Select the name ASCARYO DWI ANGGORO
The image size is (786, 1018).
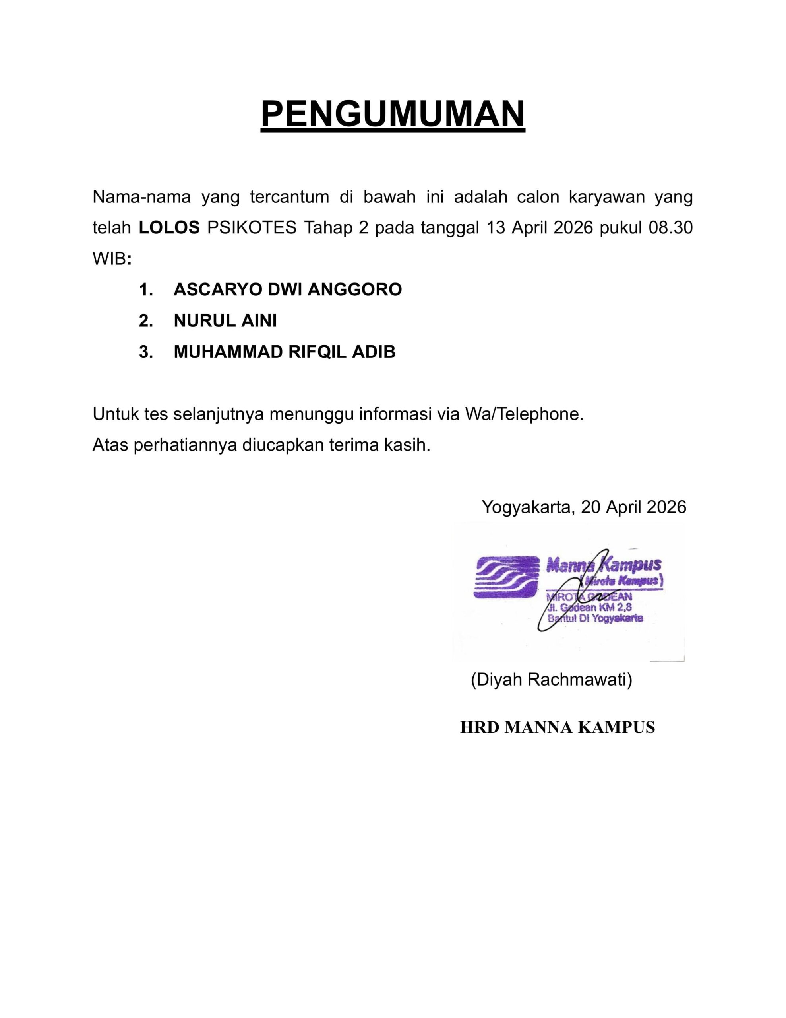(x=287, y=289)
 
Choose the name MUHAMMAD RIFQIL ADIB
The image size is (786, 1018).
(x=284, y=352)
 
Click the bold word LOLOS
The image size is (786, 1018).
(x=169, y=228)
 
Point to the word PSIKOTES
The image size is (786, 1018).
(x=252, y=228)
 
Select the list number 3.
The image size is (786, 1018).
(x=145, y=352)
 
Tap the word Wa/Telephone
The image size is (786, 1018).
(x=524, y=414)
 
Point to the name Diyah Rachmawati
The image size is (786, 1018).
(x=551, y=680)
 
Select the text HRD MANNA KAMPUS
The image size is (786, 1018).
(x=557, y=727)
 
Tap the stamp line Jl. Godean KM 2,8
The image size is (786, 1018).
(x=589, y=608)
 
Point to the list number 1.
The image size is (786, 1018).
(x=145, y=289)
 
